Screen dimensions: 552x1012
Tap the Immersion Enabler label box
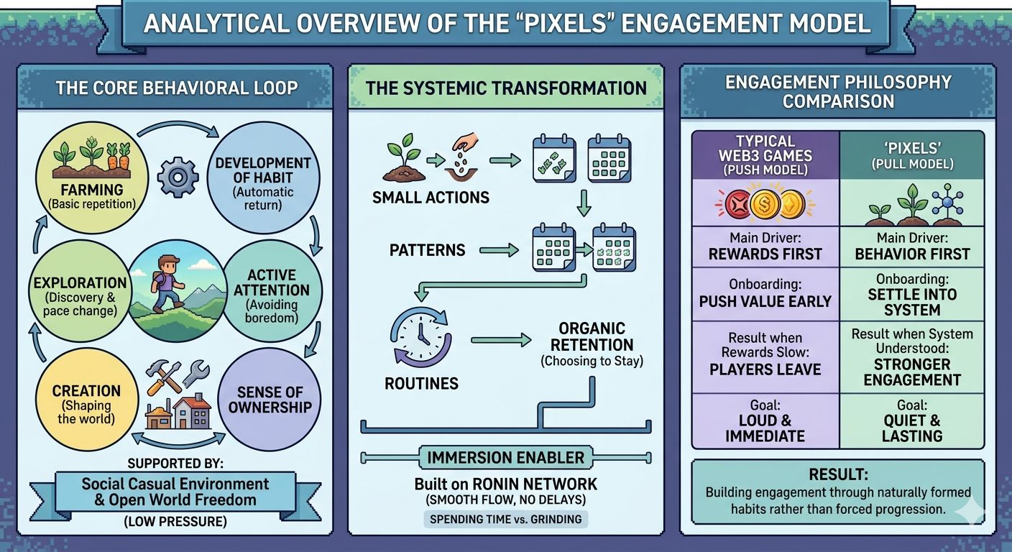(506, 458)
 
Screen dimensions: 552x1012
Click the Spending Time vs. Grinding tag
(506, 519)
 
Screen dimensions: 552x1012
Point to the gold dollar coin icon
(765, 204)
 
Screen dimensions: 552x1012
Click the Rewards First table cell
(765, 247)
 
